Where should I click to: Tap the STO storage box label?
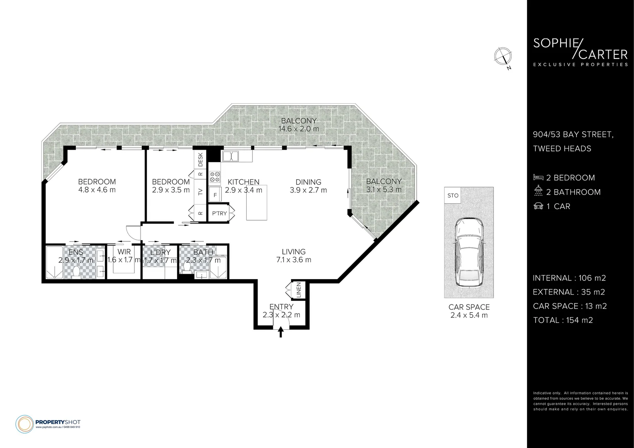pos(453,195)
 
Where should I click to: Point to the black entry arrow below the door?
pos(281,332)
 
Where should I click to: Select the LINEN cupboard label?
pos(299,290)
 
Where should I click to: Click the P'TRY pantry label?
pos(219,213)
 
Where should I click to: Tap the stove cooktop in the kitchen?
pos(215,177)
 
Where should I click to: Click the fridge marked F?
pos(215,195)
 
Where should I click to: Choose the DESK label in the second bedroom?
pos(200,160)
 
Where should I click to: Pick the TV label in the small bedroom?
pos(200,192)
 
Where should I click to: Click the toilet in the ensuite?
pos(76,272)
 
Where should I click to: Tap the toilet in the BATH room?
pos(187,268)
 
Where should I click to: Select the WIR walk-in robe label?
pos(124,252)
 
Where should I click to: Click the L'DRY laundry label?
pos(160,252)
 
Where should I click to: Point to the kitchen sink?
pos(231,156)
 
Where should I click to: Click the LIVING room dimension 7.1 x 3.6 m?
pos(294,260)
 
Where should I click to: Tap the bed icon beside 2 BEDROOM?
pos(538,178)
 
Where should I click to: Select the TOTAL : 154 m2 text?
pos(563,320)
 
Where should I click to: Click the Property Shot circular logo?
pos(24,424)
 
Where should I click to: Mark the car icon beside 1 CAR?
pos(538,206)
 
